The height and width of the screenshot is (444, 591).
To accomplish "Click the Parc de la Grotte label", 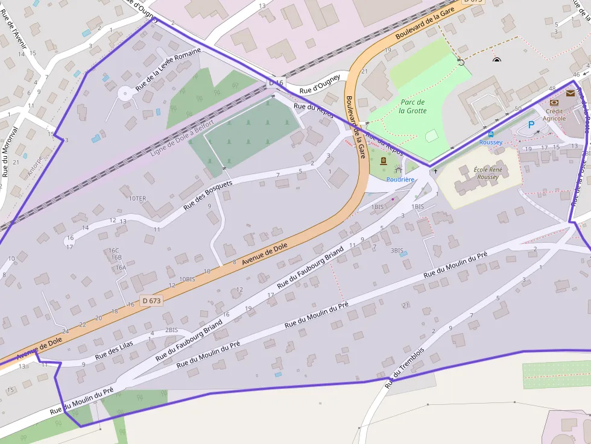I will point(413,107).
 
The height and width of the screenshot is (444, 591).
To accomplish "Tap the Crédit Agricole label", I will point(554,114).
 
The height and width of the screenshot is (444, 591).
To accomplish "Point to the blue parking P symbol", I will point(531,125).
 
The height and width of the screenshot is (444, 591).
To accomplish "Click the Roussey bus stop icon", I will point(490,134).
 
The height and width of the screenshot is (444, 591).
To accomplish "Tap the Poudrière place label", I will point(400,180).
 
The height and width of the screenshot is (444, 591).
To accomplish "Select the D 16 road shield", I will point(276,83).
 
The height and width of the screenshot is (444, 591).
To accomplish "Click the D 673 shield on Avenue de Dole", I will point(153,300).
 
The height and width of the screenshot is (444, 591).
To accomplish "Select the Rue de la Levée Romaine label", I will point(168,69).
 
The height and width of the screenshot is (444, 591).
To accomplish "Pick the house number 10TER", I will point(137,198).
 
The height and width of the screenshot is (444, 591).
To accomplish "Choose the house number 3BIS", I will point(396,251).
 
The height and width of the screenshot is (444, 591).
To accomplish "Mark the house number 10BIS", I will point(187,280).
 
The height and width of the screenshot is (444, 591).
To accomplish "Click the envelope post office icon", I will point(570,93).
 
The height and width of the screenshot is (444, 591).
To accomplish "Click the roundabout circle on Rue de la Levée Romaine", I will point(125,93).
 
